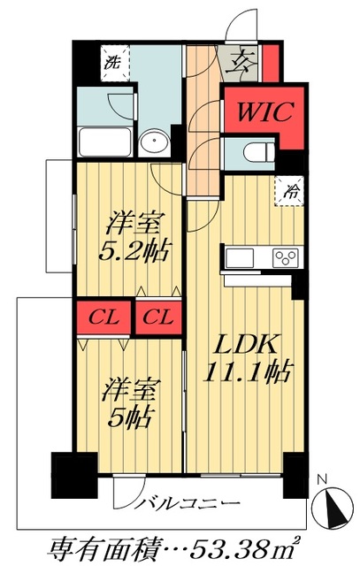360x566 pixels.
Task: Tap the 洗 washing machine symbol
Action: (x=112, y=62)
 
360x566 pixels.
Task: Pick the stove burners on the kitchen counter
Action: (x=286, y=257)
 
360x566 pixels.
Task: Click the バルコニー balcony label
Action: (x=188, y=502)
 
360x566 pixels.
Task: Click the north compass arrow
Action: (x=333, y=506)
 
